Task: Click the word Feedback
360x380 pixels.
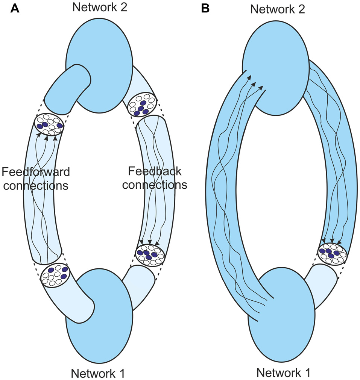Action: (155, 171)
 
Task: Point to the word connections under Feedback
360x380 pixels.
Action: (155, 185)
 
